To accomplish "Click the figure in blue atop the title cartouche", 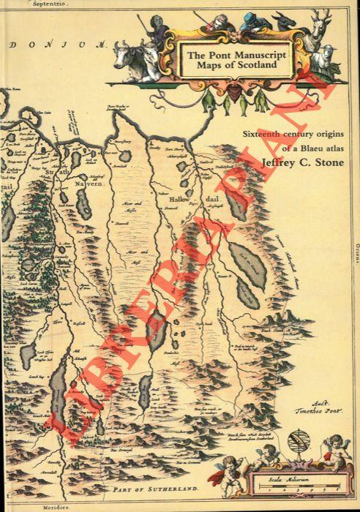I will [x=251, y=22].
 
